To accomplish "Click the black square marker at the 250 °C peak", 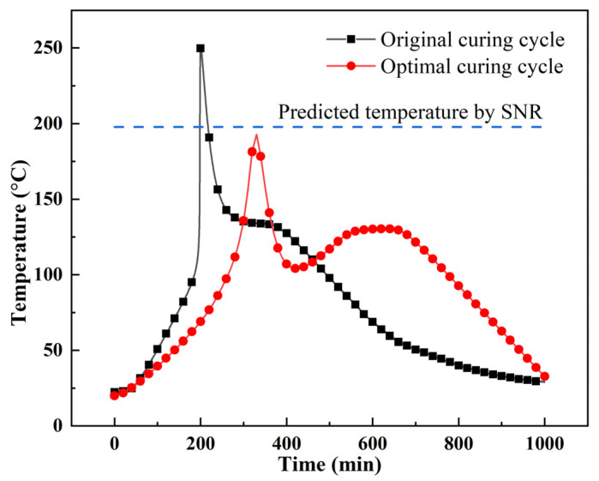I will (201, 49).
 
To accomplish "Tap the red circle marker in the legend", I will (347, 67).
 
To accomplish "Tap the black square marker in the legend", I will (347, 39).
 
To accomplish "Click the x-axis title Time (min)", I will (330, 466).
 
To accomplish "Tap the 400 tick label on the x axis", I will (286, 444).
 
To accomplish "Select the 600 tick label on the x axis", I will (373, 444).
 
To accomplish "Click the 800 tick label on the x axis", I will (458, 444).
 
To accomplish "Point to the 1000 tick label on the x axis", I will (545, 444).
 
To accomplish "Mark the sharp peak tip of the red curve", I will (255, 135).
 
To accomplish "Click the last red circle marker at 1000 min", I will (545, 376).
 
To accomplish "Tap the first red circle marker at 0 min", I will (114, 395).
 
